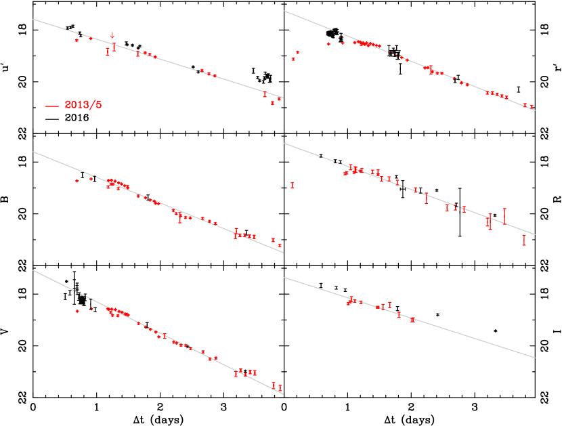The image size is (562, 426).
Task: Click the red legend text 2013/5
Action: point(83,105)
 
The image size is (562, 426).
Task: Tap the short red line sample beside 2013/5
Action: point(52,106)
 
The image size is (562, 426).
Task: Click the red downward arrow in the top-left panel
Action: point(112,35)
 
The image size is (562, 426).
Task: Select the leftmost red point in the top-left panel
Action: point(77,41)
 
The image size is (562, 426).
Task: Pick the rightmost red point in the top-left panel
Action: point(279,100)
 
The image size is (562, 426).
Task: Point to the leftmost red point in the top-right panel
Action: point(293,59)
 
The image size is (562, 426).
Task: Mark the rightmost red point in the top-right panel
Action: point(532,107)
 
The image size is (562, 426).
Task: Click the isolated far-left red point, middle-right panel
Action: point(293,185)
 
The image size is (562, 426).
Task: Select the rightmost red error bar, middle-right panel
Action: point(524,240)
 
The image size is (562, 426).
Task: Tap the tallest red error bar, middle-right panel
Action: point(504,216)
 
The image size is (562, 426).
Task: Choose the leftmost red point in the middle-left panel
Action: point(77,181)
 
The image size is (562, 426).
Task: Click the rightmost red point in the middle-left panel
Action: point(279,245)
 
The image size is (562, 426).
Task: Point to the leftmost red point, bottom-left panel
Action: point(77,311)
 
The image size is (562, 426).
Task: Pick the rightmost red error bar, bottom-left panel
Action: point(280,388)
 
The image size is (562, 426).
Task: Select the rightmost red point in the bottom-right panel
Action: point(412,319)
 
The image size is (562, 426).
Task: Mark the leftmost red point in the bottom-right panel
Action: point(348,303)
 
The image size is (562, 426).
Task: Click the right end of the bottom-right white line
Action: point(535,357)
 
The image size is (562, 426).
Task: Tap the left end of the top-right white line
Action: point(284,11)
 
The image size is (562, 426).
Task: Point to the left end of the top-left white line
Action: point(33,19)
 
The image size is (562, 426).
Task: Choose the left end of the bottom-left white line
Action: point(33,271)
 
